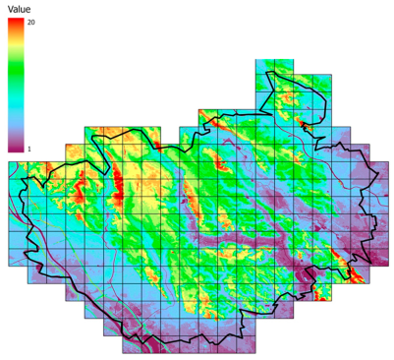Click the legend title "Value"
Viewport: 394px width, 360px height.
(19, 8)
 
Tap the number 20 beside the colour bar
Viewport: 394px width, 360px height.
(32, 22)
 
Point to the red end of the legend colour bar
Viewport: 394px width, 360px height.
(16, 24)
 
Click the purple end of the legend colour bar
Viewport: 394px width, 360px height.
(16, 148)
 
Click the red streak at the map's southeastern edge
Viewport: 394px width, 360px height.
(346, 261)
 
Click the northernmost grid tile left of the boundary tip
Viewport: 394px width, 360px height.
(263, 67)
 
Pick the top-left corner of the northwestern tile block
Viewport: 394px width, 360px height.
(84, 127)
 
